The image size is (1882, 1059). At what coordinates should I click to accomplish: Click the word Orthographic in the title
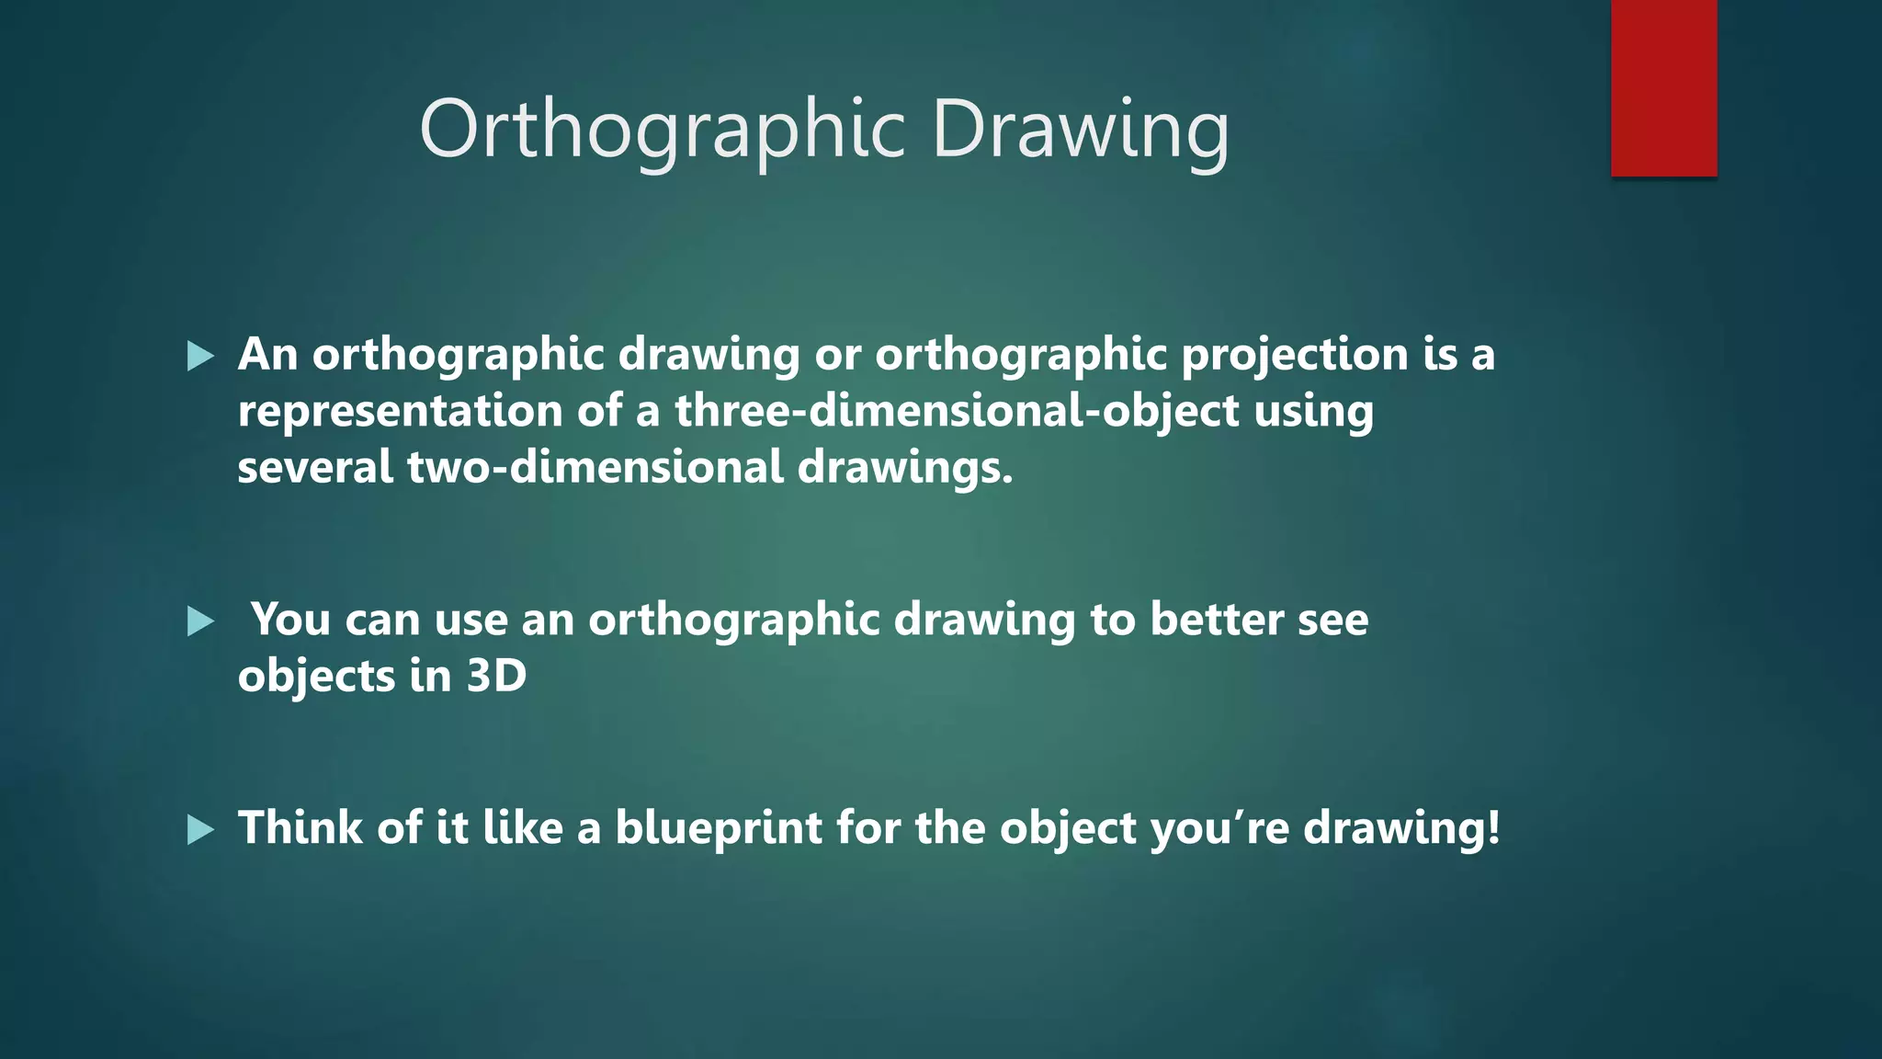(x=662, y=131)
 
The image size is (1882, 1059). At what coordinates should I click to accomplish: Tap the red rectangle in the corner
(x=1663, y=87)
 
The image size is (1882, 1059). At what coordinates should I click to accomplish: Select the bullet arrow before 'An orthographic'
(x=200, y=356)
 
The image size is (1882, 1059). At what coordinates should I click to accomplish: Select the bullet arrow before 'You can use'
(x=200, y=621)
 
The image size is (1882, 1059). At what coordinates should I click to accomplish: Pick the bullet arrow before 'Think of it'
(x=200, y=829)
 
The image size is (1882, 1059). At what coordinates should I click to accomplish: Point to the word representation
(x=400, y=411)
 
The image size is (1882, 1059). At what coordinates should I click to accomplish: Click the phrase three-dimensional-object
(x=957, y=411)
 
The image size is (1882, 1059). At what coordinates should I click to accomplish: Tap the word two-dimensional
(x=595, y=467)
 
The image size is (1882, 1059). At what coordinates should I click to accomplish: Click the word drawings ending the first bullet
(x=904, y=467)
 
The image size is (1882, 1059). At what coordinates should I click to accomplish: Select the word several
(x=315, y=467)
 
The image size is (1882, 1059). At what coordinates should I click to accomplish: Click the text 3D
(x=496, y=677)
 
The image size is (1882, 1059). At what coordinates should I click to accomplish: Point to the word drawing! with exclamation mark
(x=1401, y=828)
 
